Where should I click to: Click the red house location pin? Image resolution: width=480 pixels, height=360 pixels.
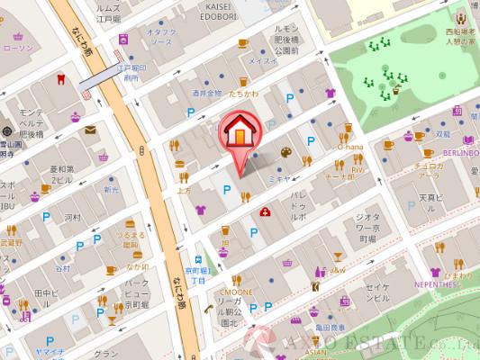(240, 132)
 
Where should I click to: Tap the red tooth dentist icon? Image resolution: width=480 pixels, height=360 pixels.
(61, 78)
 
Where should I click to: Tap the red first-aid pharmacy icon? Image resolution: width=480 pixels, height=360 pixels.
(266, 212)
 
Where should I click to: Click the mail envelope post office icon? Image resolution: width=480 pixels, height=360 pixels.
(90, 130)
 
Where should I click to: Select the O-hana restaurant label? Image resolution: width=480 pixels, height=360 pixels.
(350, 147)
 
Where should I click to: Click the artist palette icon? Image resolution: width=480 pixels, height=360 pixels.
(286, 152)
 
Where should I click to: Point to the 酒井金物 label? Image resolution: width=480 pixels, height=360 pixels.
(206, 93)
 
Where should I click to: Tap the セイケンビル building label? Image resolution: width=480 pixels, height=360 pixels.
(376, 292)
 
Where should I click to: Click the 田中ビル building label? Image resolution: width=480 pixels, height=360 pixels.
(44, 298)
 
